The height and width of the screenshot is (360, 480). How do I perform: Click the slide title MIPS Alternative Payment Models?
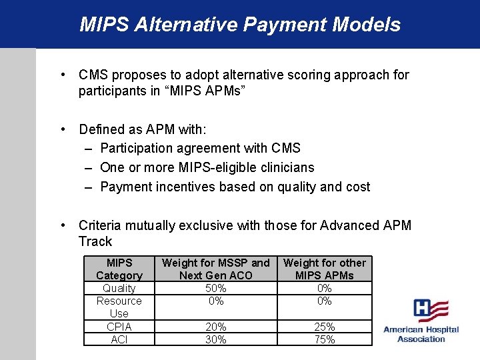point(240,25)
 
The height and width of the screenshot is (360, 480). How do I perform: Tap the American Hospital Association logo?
point(421,321)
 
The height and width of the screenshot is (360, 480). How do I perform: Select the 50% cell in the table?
point(216,288)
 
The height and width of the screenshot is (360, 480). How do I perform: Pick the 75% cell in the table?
point(325,339)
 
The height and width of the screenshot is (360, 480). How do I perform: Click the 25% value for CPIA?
point(325,327)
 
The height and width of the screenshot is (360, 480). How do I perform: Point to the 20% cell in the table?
point(216,327)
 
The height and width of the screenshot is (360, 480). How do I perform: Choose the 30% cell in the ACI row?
point(216,339)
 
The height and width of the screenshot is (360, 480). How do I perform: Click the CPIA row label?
point(119,327)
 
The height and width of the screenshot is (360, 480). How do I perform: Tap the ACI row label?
point(119,339)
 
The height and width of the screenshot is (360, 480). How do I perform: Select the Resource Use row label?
point(119,307)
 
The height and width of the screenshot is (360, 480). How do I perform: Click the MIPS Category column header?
point(119,269)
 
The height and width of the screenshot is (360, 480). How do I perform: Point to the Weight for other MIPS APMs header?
point(325,269)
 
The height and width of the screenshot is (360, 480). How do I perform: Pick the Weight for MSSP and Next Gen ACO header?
point(216,269)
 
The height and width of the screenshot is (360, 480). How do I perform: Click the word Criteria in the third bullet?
point(99,225)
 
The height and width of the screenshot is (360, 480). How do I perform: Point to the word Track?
point(95,241)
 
